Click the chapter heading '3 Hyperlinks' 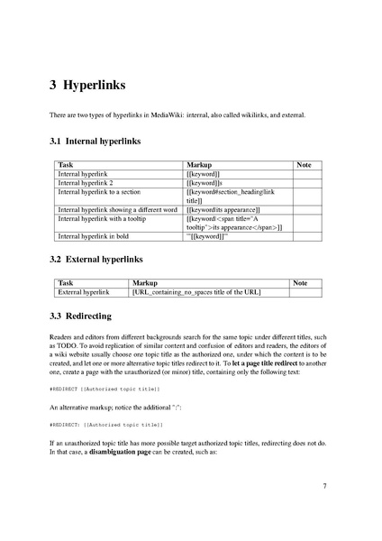point(87,87)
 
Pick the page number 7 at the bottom point(323,486)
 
